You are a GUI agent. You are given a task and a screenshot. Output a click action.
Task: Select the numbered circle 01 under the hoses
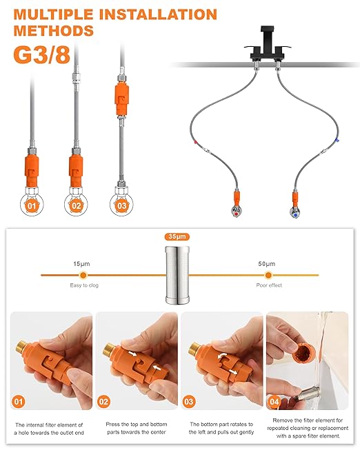point(29,204)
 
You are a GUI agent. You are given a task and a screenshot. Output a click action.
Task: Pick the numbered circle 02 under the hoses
point(75,204)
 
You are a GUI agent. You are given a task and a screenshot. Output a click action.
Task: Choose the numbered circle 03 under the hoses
point(121,204)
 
